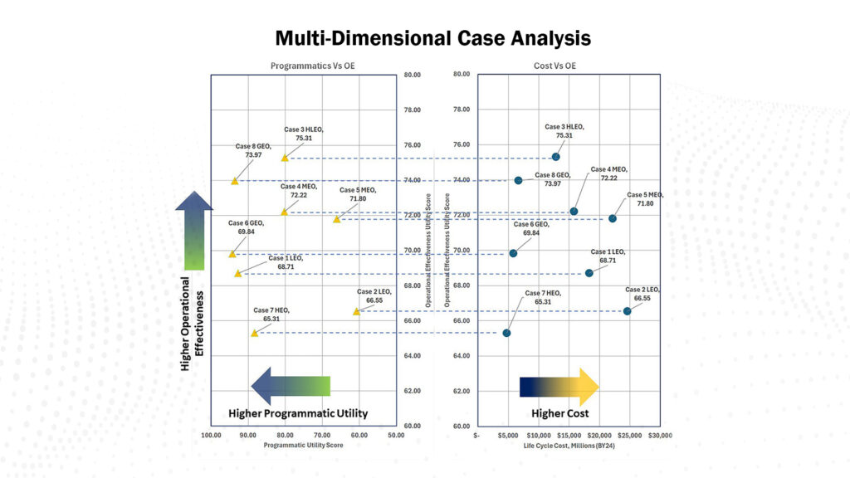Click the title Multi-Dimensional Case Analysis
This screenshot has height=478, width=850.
[x=432, y=38]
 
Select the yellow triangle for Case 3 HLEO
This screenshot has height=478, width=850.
[x=285, y=158]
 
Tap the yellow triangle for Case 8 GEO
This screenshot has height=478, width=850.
[x=235, y=180]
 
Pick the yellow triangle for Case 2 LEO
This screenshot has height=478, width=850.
[x=356, y=311]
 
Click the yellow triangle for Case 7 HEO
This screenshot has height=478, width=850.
[x=254, y=333]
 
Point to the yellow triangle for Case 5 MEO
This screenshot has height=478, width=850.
[x=337, y=219]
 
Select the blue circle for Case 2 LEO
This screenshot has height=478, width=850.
[x=627, y=310]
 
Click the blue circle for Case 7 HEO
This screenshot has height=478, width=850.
[x=506, y=333]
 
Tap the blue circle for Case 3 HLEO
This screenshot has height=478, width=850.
[x=555, y=157]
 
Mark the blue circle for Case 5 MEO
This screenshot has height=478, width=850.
[x=613, y=218]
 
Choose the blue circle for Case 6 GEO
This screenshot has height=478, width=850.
[x=513, y=253]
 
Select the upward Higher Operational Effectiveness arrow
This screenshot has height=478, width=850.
[x=194, y=231]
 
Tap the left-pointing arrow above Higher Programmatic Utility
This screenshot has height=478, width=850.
[x=291, y=386]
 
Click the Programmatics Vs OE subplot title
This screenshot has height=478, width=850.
[x=305, y=66]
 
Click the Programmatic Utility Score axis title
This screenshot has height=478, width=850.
[x=303, y=446]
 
